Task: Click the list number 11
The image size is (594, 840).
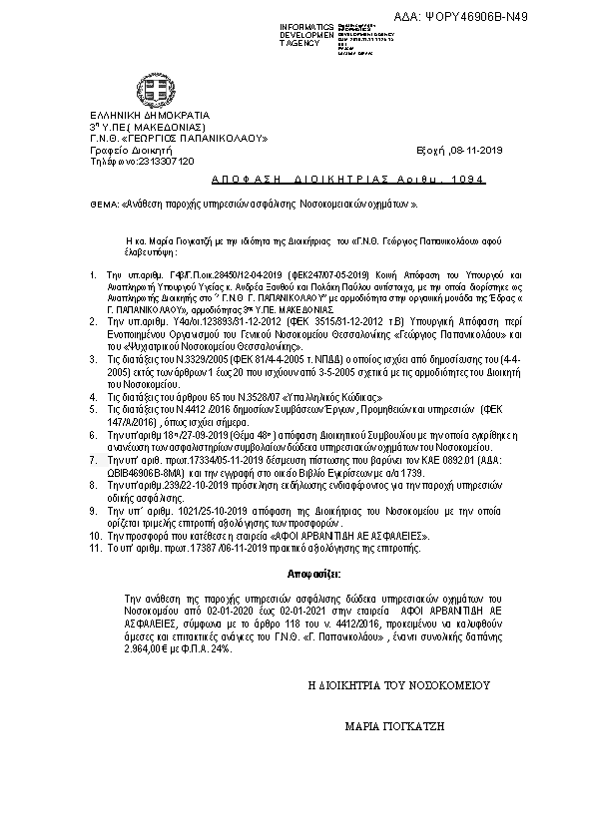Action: point(95,547)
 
